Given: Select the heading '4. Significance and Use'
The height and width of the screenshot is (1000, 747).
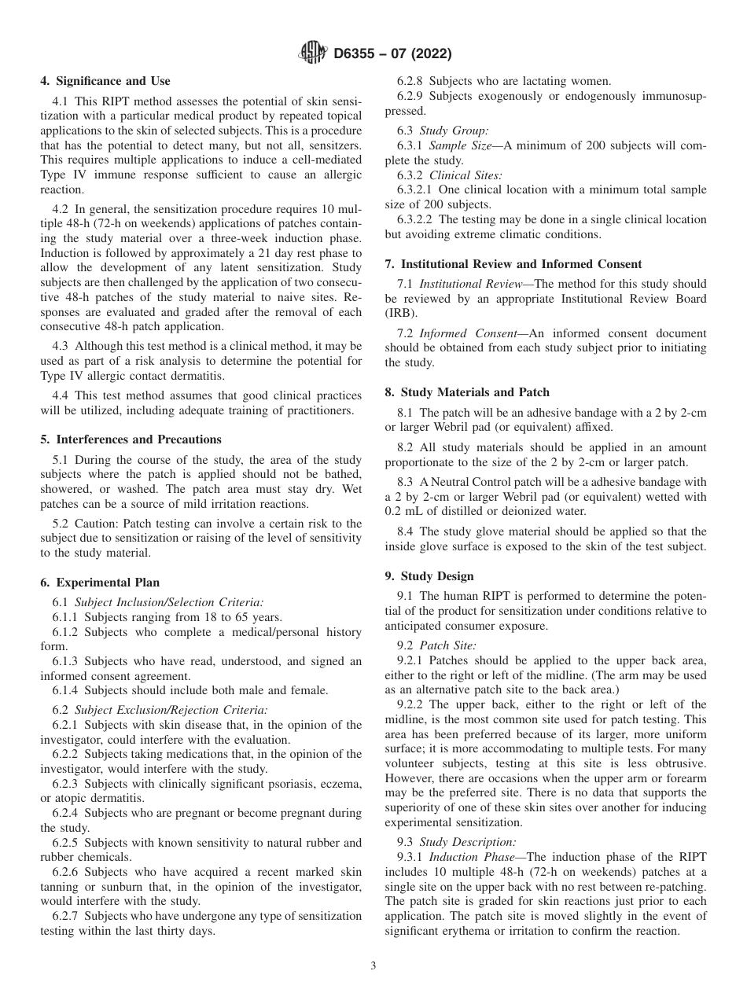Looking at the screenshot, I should click(x=105, y=81).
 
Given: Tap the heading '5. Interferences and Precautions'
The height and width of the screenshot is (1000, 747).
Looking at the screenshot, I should click(x=131, y=439).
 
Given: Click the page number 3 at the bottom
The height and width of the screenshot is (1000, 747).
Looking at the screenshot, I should click(x=373, y=966).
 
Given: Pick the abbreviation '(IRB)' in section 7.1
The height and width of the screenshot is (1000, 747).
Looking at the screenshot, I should click(x=399, y=313).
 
